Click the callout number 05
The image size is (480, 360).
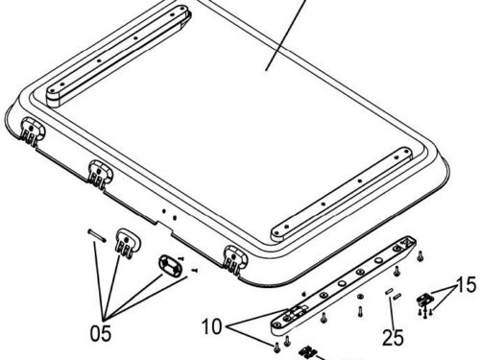pos(101,334)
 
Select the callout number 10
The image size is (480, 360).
pos(211,327)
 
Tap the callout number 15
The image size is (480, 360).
pos(467,285)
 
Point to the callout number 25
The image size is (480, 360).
pos(393,338)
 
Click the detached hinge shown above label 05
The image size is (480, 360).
pos(128,243)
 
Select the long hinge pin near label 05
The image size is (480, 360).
pos(97,236)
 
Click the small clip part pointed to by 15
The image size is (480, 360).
pos(425,300)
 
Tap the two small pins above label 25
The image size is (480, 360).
pos(394,294)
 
